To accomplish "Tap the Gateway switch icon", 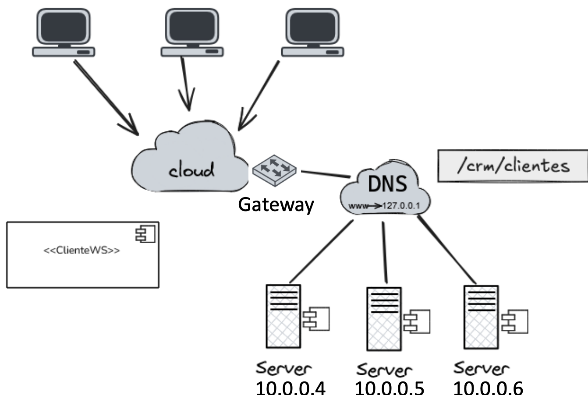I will [x=275, y=169].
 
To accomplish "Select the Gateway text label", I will [x=276, y=204].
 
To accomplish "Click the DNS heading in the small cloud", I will [x=387, y=184].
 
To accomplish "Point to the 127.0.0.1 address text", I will [x=402, y=205].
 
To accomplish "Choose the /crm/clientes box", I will [x=513, y=166].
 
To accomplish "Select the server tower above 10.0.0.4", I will [x=283, y=316].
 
